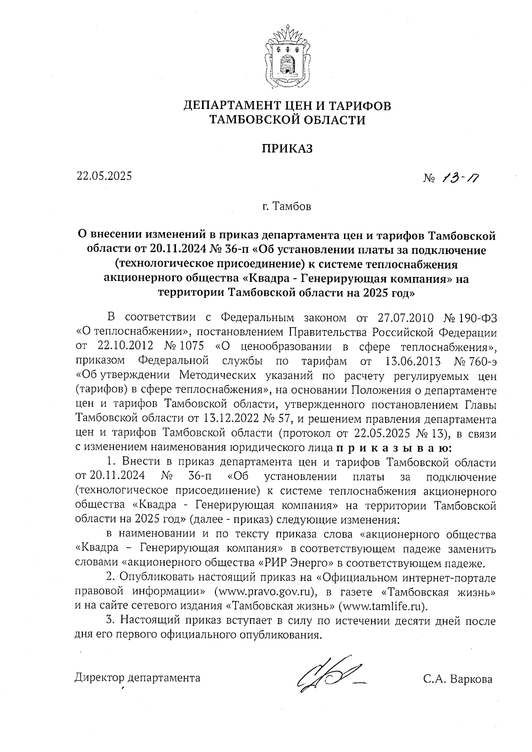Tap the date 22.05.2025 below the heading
[104, 176]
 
